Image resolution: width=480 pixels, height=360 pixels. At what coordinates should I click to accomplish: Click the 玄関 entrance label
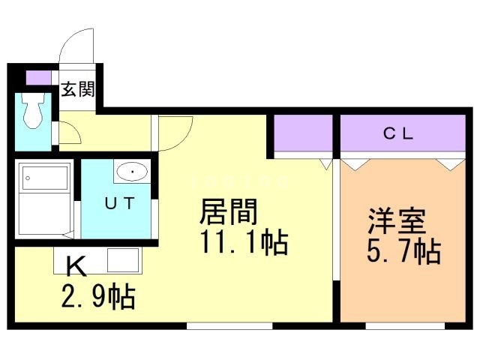click(77, 90)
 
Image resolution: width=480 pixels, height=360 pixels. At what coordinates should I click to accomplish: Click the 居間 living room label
click(228, 213)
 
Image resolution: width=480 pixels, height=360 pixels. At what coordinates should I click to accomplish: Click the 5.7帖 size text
click(403, 252)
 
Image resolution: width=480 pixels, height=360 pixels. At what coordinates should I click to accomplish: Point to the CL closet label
click(399, 135)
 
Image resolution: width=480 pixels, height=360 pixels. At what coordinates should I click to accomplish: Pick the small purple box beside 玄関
click(37, 77)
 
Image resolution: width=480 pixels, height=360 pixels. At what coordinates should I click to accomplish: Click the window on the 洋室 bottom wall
click(405, 325)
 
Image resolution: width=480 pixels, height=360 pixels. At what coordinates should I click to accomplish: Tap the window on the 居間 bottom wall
click(229, 325)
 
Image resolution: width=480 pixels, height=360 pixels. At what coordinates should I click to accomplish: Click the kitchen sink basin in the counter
click(120, 262)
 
